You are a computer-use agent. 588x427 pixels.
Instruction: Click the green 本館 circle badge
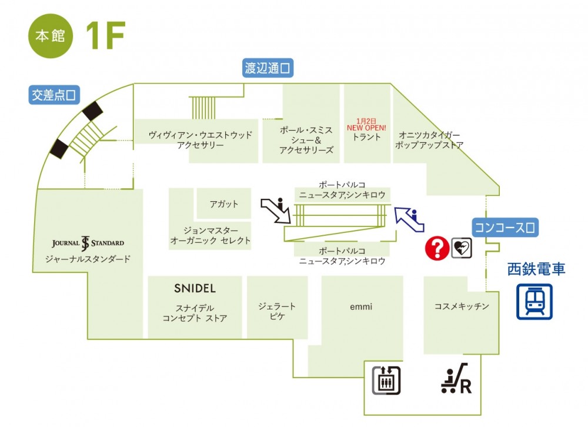(x=50, y=36)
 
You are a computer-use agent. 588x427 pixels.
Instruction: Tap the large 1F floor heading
(x=105, y=36)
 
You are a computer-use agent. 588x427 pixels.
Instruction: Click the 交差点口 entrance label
(x=54, y=94)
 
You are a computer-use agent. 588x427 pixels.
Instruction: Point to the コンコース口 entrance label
(x=506, y=228)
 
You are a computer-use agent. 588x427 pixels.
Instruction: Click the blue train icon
(x=534, y=302)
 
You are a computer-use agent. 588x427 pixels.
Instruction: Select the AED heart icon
(x=461, y=248)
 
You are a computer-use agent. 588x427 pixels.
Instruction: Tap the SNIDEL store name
(x=195, y=289)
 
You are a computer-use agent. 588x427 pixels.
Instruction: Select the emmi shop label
(x=362, y=306)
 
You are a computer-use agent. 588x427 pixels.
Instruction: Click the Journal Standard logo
(x=88, y=243)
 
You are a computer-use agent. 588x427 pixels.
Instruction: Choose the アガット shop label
(x=224, y=204)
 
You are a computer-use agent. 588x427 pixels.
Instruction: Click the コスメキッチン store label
(x=462, y=306)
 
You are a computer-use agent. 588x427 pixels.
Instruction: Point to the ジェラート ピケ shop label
(x=277, y=311)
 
